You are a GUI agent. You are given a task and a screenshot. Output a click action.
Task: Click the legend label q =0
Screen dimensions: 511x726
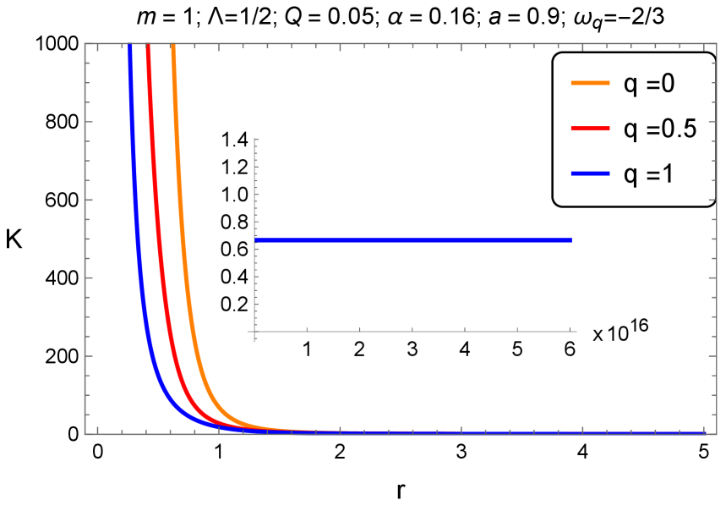click(x=648, y=84)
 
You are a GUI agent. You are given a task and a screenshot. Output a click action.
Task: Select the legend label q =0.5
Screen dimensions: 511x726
click(x=658, y=129)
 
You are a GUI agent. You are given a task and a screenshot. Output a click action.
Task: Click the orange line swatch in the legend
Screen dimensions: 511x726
click(x=590, y=83)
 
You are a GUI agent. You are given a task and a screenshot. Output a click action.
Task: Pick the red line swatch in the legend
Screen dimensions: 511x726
click(x=590, y=128)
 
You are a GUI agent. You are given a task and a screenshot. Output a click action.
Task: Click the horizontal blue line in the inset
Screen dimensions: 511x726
click(x=414, y=241)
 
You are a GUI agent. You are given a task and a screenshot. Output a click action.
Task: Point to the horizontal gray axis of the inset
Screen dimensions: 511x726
click(x=414, y=332)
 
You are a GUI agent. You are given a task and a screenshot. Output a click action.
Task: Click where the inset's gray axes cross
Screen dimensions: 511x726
click(x=254, y=332)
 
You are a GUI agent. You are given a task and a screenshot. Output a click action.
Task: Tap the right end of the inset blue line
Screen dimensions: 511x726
click(x=571, y=241)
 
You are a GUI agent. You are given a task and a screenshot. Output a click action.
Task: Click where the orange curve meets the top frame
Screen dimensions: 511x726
click(x=172, y=45)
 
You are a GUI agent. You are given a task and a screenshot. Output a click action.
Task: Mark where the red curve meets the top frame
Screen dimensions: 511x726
click(x=148, y=45)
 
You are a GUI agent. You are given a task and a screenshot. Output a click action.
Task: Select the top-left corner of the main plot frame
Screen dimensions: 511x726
click(x=85, y=44)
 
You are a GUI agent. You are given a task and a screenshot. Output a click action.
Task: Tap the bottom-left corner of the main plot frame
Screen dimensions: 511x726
click(x=85, y=434)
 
